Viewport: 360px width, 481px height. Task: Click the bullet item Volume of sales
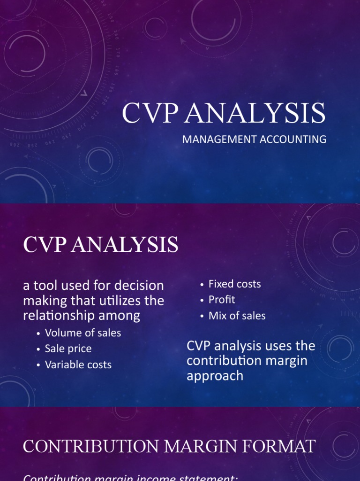pyautogui.click(x=83, y=333)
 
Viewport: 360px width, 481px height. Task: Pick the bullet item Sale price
pyautogui.click(x=68, y=349)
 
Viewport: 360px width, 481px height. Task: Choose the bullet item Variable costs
pyautogui.click(x=78, y=365)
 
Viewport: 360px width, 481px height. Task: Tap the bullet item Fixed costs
pyautogui.click(x=234, y=284)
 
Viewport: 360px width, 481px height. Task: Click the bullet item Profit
pyautogui.click(x=222, y=300)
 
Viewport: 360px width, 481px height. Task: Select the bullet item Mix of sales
pyautogui.click(x=237, y=316)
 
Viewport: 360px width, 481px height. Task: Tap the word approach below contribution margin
pyautogui.click(x=215, y=376)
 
